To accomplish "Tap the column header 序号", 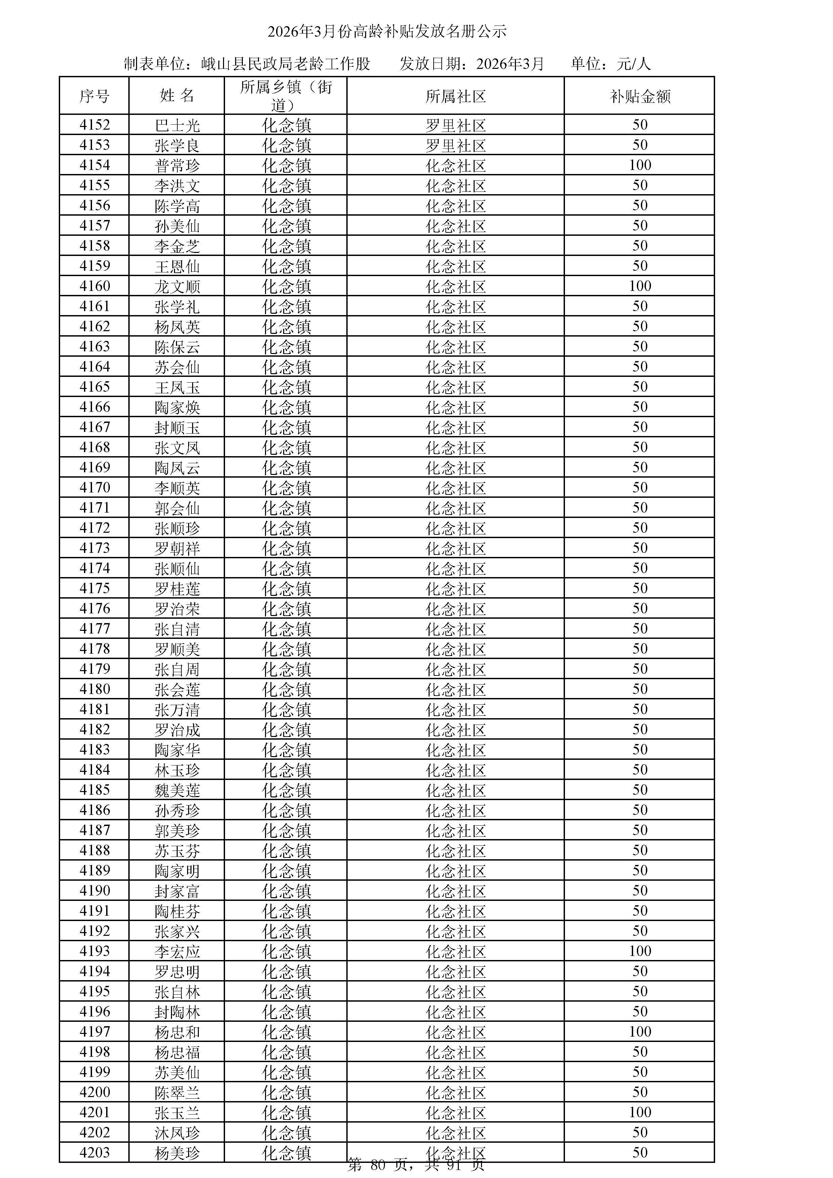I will pyautogui.click(x=94, y=96).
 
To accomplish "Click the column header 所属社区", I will pyautogui.click(x=455, y=96).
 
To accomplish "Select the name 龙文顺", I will pyautogui.click(x=177, y=286).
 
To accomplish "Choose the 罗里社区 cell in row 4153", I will pyautogui.click(x=455, y=145).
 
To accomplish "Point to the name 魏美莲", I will pyautogui.click(x=177, y=790).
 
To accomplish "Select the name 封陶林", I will pyautogui.click(x=177, y=1012).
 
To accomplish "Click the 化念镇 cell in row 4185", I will pyautogui.click(x=286, y=790).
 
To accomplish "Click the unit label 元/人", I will pyautogui.click(x=633, y=63).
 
